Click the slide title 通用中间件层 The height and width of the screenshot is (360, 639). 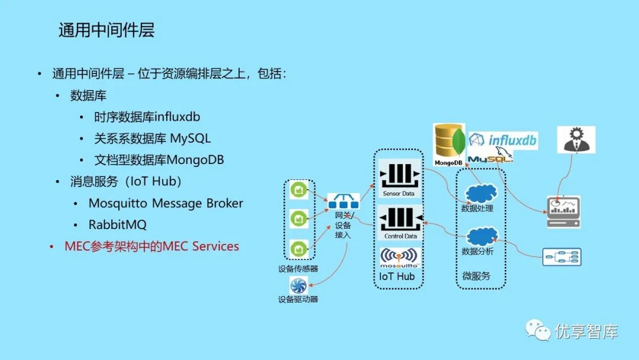[x=106, y=30]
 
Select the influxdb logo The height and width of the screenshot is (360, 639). [x=503, y=140]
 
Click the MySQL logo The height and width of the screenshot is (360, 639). [x=489, y=157]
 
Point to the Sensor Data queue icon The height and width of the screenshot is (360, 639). [x=399, y=177]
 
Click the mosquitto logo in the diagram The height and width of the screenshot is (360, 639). [x=400, y=257]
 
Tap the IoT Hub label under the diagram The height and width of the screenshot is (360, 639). [x=397, y=277]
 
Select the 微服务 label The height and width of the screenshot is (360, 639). [x=476, y=277]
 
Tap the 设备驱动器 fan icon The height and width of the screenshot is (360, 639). [x=298, y=286]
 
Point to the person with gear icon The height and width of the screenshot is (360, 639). [x=576, y=140]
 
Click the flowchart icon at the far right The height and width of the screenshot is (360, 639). [x=562, y=256]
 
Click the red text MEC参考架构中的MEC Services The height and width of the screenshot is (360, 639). [x=151, y=246]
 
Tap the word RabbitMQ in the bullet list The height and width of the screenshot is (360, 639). [x=117, y=225]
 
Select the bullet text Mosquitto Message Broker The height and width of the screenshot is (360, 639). [x=166, y=203]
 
